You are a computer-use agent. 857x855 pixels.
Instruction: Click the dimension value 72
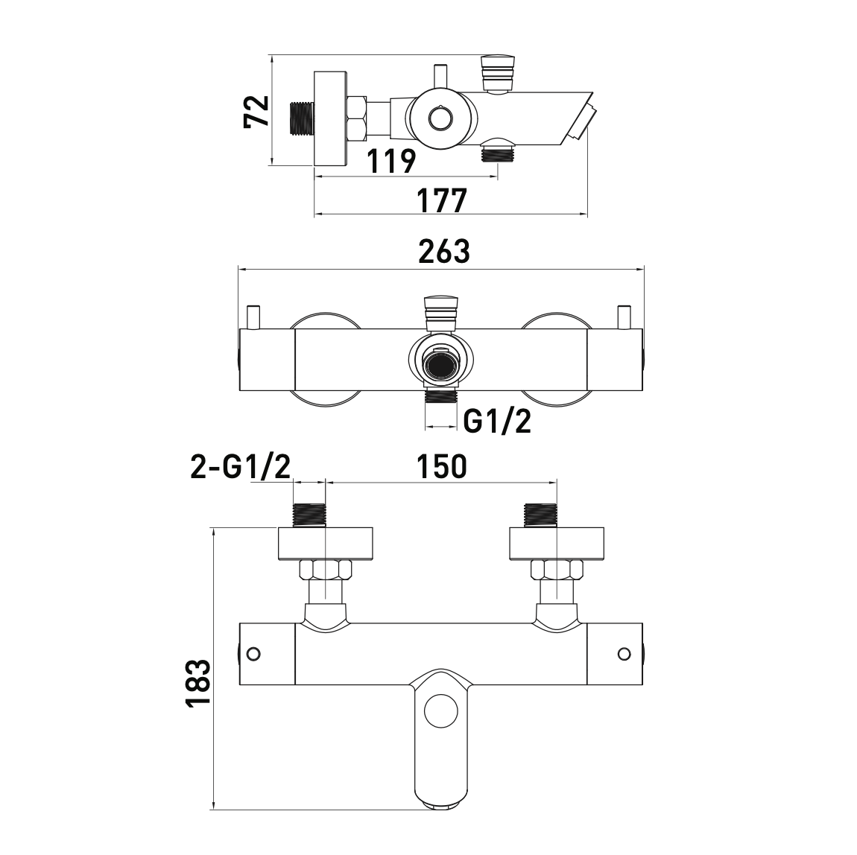257,112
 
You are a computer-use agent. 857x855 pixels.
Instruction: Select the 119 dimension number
390,161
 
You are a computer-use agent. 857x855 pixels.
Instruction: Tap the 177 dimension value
443,200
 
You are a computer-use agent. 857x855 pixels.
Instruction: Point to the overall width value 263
444,251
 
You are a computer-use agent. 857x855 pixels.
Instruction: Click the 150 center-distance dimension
442,466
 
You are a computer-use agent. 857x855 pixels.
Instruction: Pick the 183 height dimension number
197,684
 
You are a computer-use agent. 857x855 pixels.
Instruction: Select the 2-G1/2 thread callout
241,467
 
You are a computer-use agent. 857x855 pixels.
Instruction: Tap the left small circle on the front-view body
253,653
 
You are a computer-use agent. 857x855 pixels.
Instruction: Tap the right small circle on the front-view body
624,653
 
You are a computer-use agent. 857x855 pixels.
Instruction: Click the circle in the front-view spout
440,711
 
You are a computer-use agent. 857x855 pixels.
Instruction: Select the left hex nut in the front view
326,570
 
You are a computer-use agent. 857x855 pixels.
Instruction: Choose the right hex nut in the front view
557,570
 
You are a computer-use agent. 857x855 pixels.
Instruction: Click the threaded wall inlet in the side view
301,118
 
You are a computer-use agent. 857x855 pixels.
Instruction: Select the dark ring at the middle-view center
441,365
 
